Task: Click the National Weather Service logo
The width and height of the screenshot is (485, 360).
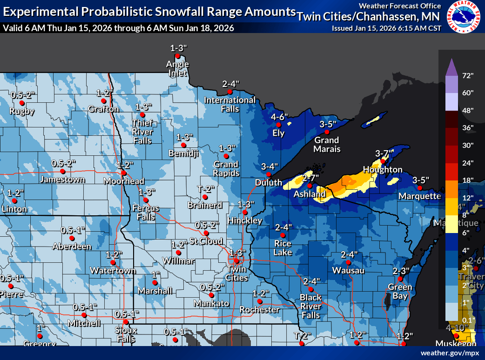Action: point(464,18)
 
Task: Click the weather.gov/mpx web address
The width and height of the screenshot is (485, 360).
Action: point(450,353)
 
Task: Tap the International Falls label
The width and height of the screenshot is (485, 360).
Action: point(230,104)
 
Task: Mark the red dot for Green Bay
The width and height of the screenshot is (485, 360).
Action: point(400,279)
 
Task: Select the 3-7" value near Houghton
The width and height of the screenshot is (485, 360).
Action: point(384,153)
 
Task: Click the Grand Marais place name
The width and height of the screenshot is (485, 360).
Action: point(326,145)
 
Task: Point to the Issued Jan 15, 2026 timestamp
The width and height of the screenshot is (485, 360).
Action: point(386,28)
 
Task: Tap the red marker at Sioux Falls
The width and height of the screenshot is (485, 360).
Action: point(126,322)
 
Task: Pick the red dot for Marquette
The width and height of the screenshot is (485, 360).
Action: point(419,188)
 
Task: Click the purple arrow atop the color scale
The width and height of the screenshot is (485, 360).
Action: point(450,67)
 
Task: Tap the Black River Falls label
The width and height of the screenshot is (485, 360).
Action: point(310,306)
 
